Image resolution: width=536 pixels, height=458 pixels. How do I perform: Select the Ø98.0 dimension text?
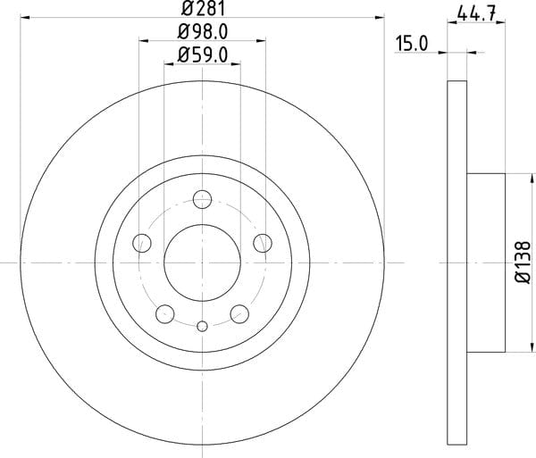click(x=203, y=32)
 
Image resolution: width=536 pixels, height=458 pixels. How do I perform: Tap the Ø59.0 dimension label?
click(x=203, y=54)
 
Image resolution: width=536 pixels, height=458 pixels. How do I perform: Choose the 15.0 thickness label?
click(x=412, y=44)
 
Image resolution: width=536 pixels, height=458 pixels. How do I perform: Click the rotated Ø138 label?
click(x=523, y=262)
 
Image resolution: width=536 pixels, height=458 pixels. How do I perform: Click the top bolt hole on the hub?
click(x=203, y=199)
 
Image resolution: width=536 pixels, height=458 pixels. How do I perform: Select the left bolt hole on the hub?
click(x=142, y=243)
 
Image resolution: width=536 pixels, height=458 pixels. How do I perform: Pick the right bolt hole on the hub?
click(x=263, y=243)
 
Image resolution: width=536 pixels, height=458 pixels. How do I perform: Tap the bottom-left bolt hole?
click(x=165, y=314)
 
